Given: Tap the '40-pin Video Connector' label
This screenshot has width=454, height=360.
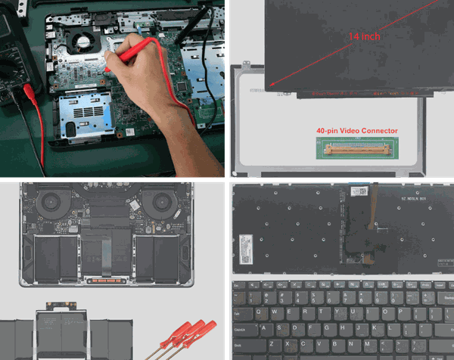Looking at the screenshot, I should tap(356, 131).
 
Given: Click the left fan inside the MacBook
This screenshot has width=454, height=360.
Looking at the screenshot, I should tap(50, 203).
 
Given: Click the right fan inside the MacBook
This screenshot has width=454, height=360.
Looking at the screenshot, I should tap(162, 203).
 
